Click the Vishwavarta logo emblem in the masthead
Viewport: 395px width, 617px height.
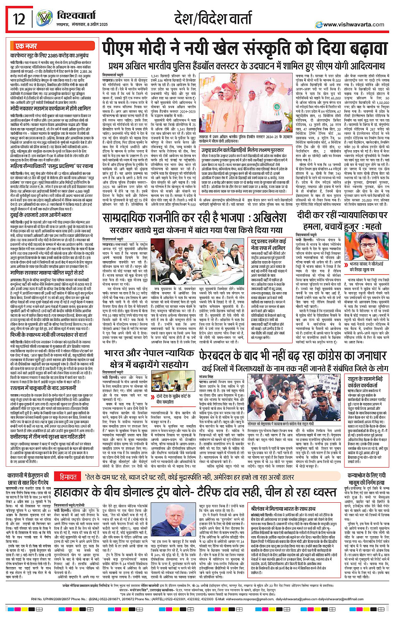(x=44, y=18)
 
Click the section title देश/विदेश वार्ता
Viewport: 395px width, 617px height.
(x=213, y=19)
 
